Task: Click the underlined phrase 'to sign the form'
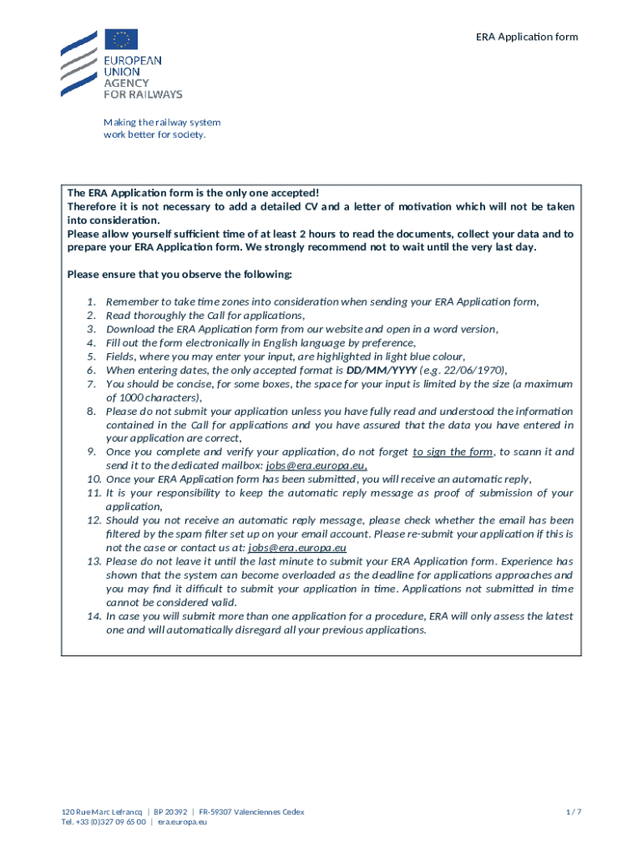click(453, 452)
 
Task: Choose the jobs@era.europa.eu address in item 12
click(297, 548)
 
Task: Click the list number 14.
click(93, 616)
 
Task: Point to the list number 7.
click(93, 384)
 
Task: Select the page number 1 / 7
click(572, 812)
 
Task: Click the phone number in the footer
click(104, 822)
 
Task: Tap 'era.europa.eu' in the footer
click(183, 822)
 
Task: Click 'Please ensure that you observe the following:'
click(180, 275)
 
